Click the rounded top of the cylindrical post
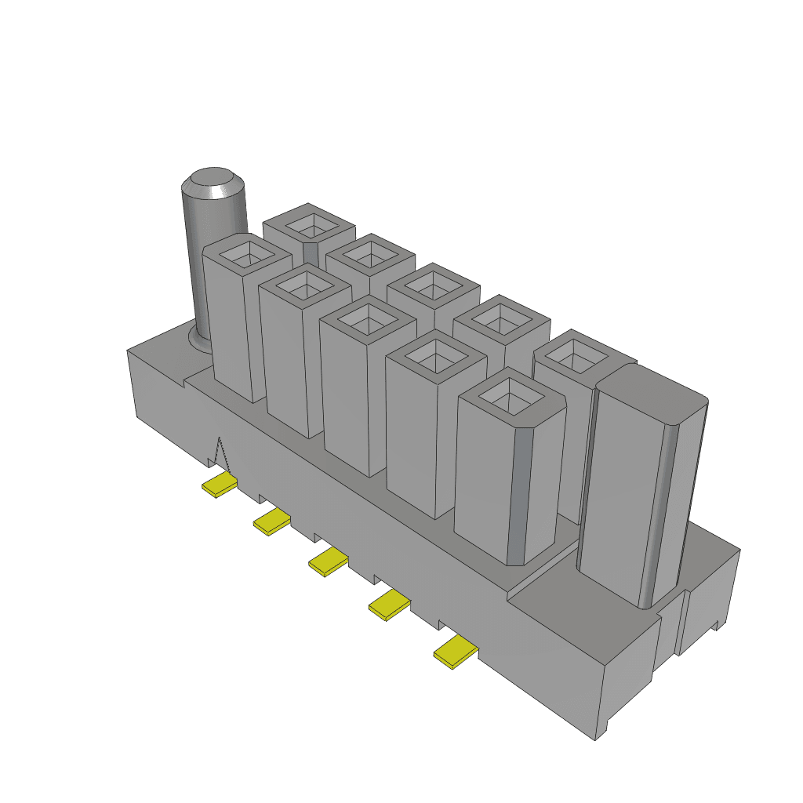[213, 181]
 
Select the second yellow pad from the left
[271, 521]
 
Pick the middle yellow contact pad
[328, 561]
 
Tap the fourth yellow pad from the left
[390, 605]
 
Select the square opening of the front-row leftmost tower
[248, 253]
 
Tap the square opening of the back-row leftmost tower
[312, 225]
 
